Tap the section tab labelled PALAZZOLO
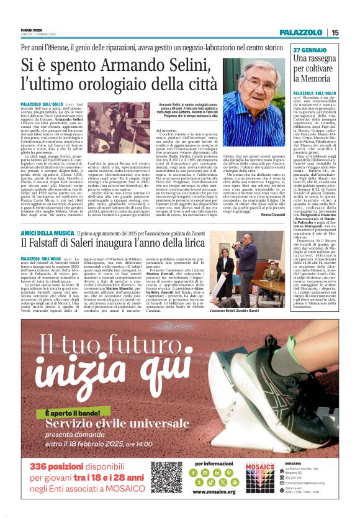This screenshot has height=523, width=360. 300,32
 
